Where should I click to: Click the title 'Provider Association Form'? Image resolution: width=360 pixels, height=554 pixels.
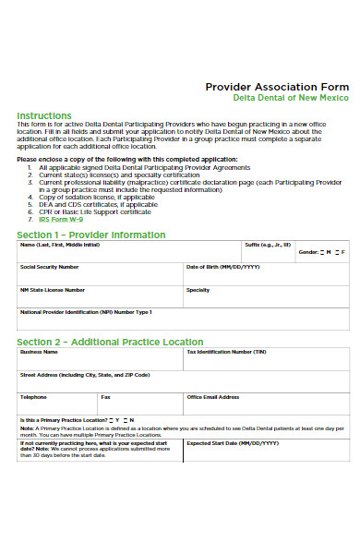click(x=276, y=86)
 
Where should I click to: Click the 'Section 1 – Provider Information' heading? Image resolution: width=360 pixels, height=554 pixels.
click(x=91, y=235)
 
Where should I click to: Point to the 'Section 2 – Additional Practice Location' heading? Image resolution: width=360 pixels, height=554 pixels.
click(x=110, y=343)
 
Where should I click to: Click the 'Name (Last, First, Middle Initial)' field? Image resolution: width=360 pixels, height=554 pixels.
click(x=129, y=254)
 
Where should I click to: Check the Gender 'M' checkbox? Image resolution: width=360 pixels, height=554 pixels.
click(x=324, y=251)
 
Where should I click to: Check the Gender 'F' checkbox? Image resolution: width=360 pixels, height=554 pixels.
click(x=339, y=251)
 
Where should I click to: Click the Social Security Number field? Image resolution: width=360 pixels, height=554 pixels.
click(x=100, y=275)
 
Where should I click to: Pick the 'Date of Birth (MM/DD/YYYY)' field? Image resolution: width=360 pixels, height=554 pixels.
click(x=266, y=275)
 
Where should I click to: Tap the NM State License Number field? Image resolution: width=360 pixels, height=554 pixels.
click(x=100, y=297)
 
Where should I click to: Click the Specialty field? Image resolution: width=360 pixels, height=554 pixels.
click(x=266, y=297)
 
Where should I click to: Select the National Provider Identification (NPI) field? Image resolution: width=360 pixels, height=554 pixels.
click(x=183, y=320)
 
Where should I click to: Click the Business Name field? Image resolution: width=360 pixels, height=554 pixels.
click(x=100, y=360)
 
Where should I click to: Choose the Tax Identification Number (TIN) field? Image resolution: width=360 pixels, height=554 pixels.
click(x=266, y=360)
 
